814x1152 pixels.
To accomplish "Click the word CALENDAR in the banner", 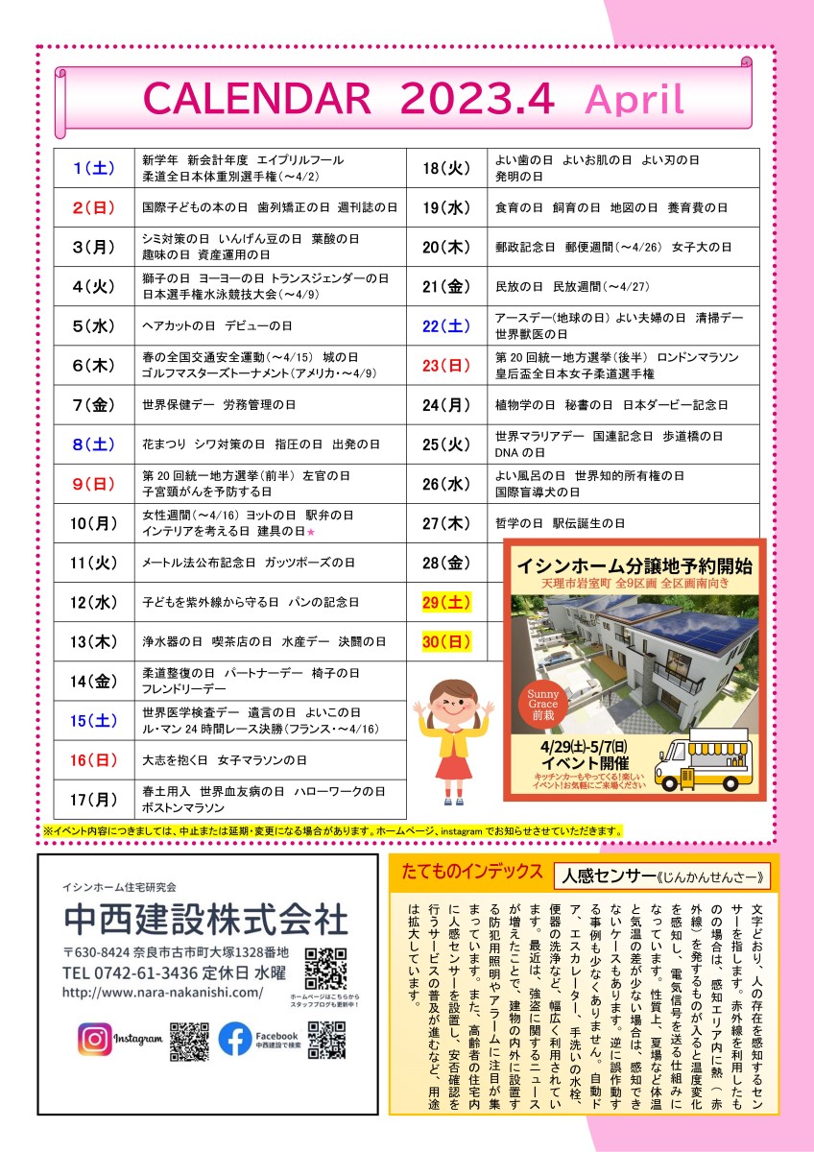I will pyautogui.click(x=255, y=99).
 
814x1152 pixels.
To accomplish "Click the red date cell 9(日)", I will pyautogui.click(x=94, y=484).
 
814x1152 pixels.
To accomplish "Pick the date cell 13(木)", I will pyautogui.click(x=94, y=641).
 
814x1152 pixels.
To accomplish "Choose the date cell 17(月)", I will pyautogui.click(x=94, y=799).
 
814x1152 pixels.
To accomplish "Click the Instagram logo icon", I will pyautogui.click(x=95, y=1039).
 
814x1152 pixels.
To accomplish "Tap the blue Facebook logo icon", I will pyautogui.click(x=235, y=1039).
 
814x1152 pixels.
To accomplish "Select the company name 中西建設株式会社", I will pyautogui.click(x=204, y=919).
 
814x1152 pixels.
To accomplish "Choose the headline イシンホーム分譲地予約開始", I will pyautogui.click(x=634, y=564).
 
